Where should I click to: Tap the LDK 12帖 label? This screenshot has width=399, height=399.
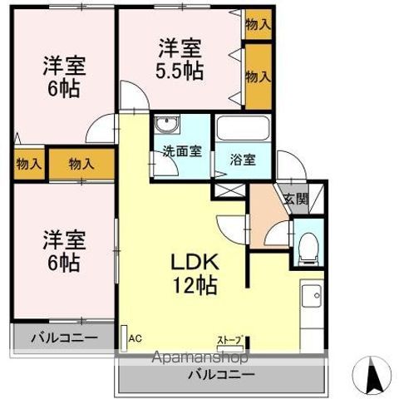coord(194,273)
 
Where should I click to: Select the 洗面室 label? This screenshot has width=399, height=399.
coord(181,152)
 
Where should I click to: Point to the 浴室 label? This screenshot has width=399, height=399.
coord(243,160)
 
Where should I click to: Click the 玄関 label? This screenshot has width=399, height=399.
coord(294,199)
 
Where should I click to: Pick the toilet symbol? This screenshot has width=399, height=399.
coord(308,246)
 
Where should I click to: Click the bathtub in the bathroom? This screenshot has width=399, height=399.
coord(243,130)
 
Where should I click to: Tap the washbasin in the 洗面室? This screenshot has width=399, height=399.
coord(168,126)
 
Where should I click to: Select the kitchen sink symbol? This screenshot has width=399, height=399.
coord(313,296)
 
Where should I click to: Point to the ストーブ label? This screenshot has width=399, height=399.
coord(229,340)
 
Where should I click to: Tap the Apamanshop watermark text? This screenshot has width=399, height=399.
coord(199,358)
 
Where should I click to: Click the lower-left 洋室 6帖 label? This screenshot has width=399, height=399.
coord(62,252)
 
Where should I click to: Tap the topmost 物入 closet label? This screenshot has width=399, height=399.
coord(258,24)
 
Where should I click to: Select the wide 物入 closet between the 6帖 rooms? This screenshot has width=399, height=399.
coord(81,164)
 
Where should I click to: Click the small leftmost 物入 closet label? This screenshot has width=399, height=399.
coord(28,164)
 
